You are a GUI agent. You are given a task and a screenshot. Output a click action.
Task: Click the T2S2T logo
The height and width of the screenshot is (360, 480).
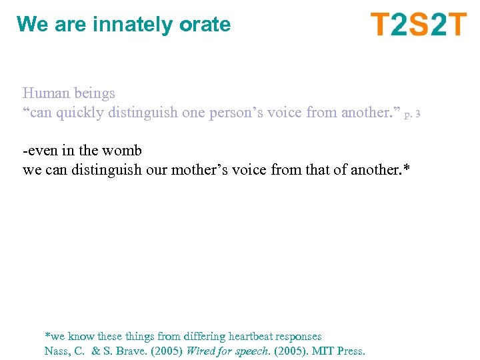coord(419,25)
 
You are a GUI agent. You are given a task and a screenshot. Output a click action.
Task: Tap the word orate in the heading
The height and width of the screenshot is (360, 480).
coord(205,25)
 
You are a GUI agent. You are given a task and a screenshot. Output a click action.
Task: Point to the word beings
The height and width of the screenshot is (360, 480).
coord(95,94)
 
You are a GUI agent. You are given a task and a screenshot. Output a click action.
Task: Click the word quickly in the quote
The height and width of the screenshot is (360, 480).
coord(79,113)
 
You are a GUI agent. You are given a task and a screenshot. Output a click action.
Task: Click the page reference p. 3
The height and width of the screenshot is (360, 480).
coord(412,115)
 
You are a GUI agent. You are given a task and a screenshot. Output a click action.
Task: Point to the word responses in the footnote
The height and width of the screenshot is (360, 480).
coord(301,337)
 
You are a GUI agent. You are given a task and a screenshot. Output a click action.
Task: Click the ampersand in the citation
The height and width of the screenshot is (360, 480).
coord(95,351)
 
